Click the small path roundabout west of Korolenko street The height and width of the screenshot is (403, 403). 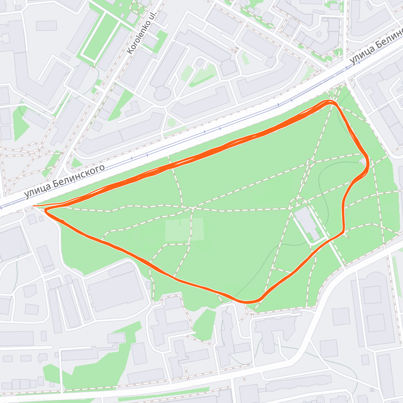[x=37, y=153]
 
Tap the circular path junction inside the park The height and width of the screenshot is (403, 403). [x=310, y=163]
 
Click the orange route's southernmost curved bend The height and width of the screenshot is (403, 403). [x=249, y=302]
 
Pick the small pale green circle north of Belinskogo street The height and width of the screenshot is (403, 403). [x=172, y=123]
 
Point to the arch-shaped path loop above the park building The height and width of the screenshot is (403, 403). [x=297, y=201]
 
